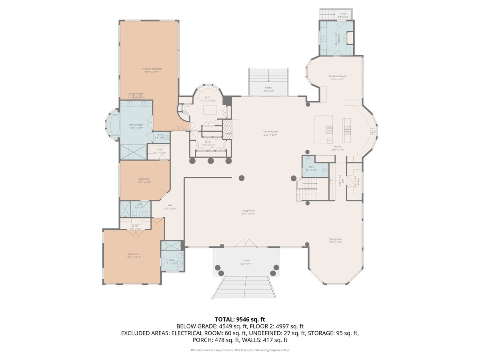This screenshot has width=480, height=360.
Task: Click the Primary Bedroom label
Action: [x=152, y=69]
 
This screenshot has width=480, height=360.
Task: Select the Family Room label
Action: [x=270, y=132]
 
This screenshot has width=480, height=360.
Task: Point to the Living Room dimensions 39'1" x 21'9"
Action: [x=248, y=214]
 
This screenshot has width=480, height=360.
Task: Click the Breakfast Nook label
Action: [x=338, y=76]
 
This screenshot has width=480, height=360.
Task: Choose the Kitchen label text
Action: [x=338, y=146]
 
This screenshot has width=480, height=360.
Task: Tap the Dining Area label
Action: [x=335, y=239]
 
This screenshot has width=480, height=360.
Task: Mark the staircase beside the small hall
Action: [x=307, y=189]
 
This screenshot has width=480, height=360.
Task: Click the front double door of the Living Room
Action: [x=245, y=243]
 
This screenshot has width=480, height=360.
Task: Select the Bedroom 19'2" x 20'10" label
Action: [x=133, y=254]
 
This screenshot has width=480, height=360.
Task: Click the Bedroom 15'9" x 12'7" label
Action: [x=144, y=179]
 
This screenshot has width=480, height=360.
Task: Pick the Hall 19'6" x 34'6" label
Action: [x=170, y=206]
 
